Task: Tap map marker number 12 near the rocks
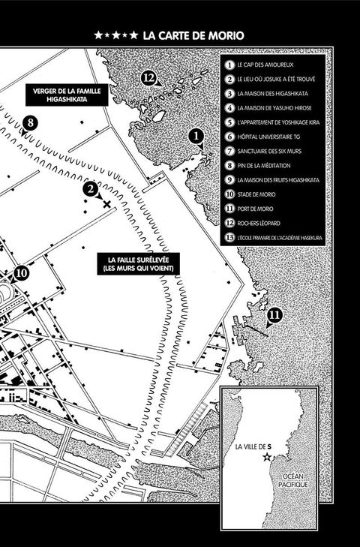(x=148, y=78)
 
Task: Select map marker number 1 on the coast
(x=196, y=136)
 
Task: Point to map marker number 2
(x=90, y=189)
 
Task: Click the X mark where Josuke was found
(x=106, y=204)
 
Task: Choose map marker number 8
(x=30, y=123)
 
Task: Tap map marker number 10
(x=21, y=273)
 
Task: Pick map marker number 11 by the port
(x=275, y=315)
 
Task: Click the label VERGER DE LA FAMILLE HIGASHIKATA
(x=67, y=95)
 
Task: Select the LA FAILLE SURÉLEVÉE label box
(x=139, y=264)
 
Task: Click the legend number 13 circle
(x=229, y=238)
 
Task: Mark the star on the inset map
(x=268, y=456)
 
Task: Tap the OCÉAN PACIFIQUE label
(x=293, y=480)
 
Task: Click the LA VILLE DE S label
(x=253, y=446)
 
